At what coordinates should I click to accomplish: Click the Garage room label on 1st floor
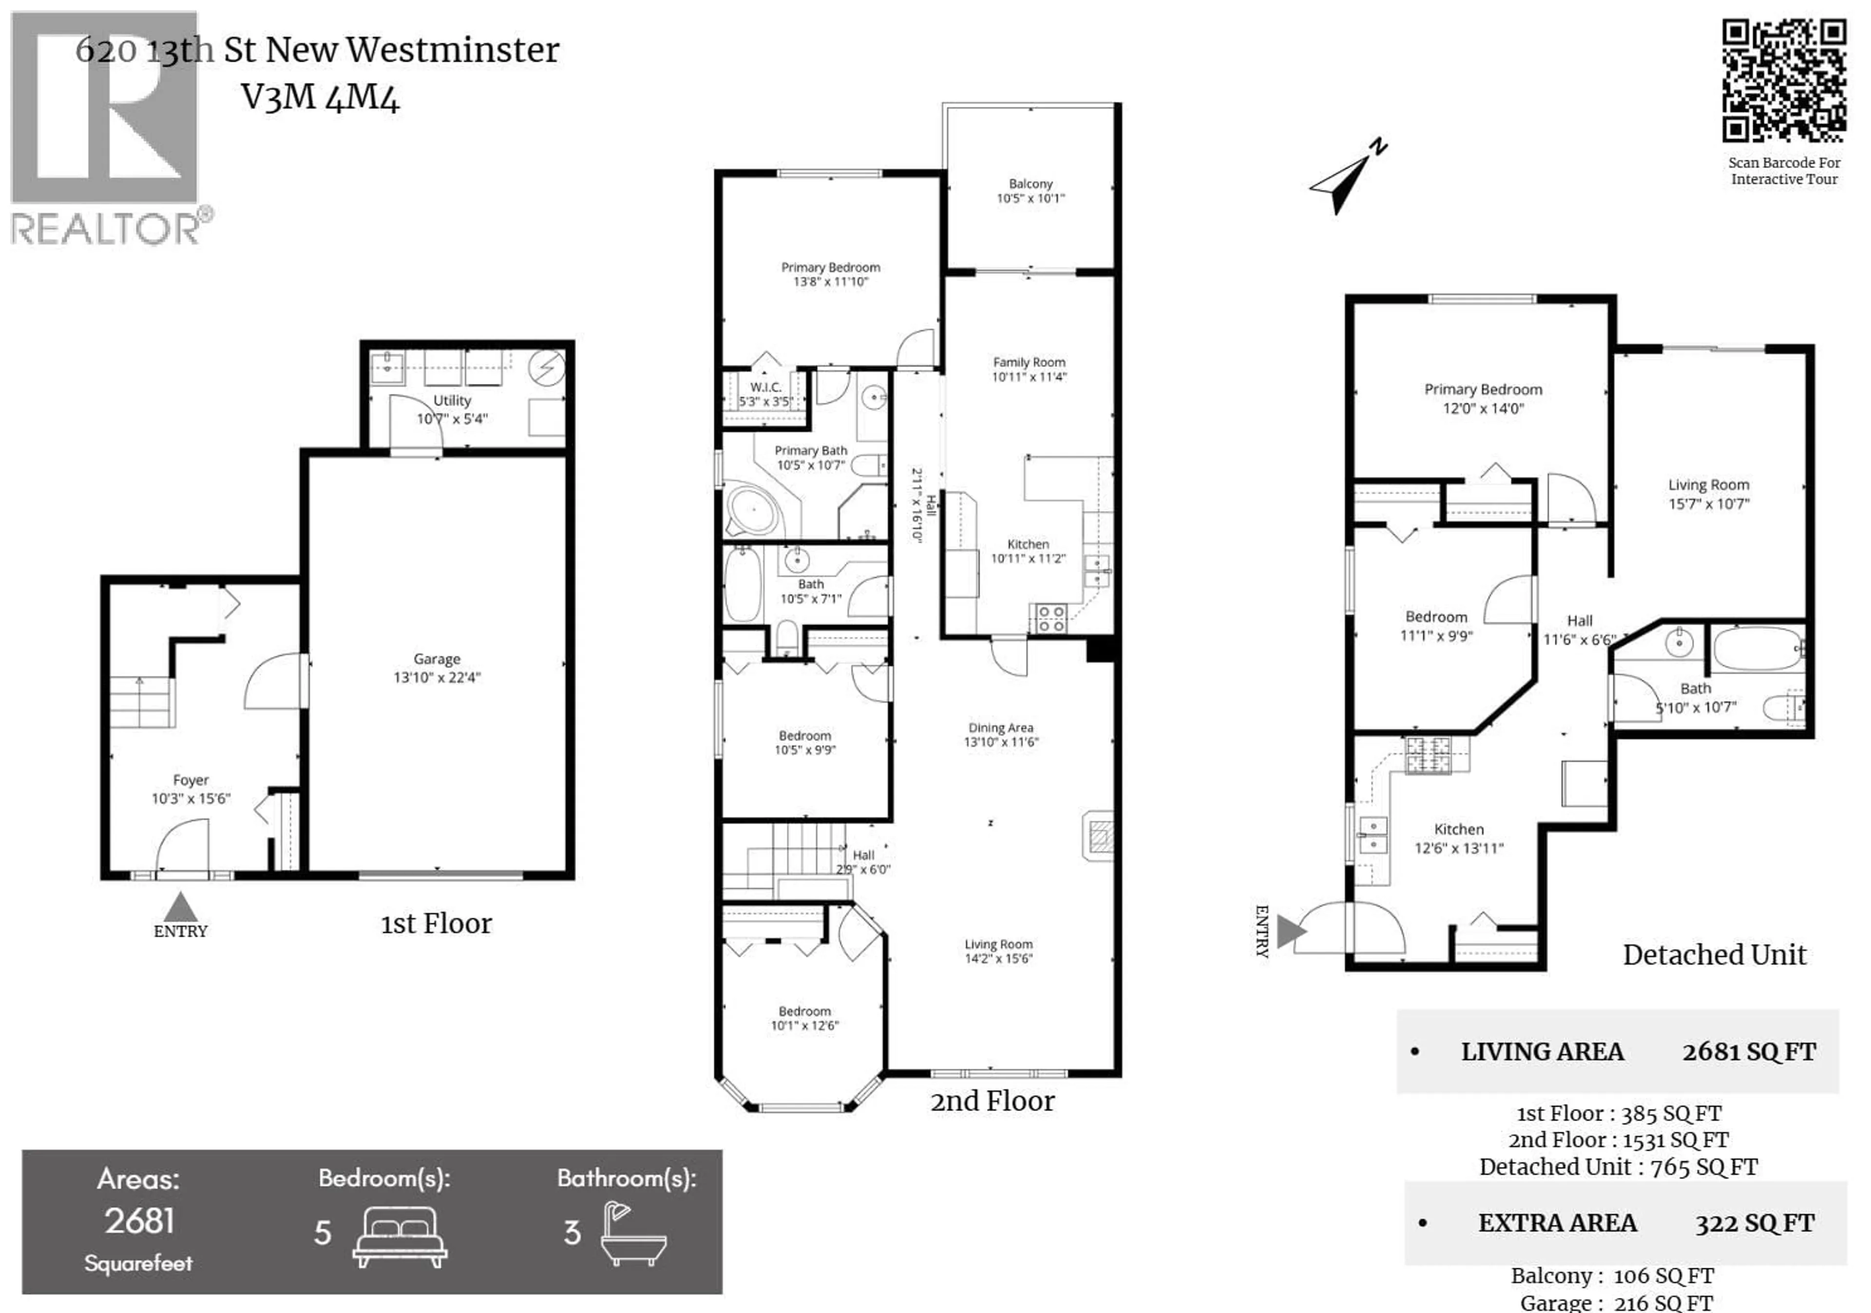tap(437, 659)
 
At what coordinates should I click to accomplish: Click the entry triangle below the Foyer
tap(180, 907)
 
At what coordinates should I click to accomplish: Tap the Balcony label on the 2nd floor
tap(1030, 184)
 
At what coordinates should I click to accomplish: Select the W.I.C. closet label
tap(765, 387)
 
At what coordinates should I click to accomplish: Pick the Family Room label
tap(1029, 362)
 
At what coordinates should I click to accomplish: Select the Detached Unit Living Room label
tap(1708, 485)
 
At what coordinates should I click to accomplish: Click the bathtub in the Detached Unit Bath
tap(1758, 649)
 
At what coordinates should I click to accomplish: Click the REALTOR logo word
tap(104, 230)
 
